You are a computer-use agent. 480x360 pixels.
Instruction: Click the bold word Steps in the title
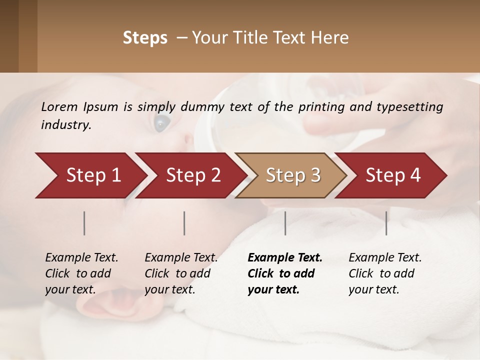(x=145, y=38)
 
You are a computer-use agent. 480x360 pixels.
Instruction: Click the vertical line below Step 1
(x=84, y=223)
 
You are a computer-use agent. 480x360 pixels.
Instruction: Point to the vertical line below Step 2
(x=184, y=223)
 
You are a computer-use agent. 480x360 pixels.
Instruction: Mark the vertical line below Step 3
(x=285, y=223)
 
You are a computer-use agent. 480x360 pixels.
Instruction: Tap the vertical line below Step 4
(x=386, y=223)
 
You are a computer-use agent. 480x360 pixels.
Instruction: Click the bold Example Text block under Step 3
(x=284, y=273)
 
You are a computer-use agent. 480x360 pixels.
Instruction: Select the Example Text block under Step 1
(x=81, y=273)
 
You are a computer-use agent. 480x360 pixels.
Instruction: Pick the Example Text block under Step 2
(x=181, y=273)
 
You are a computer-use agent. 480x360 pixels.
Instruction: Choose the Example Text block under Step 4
(x=384, y=273)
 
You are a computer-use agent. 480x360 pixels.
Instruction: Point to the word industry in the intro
(x=65, y=125)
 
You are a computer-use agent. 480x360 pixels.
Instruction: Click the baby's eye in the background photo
(x=161, y=122)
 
